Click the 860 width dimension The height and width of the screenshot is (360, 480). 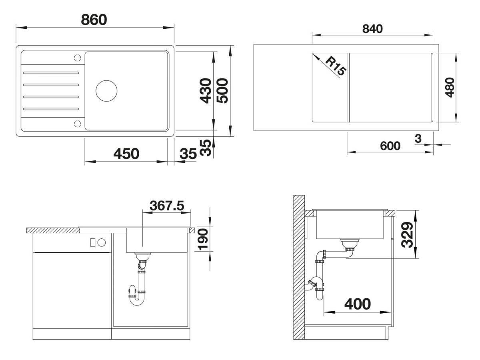[94, 20]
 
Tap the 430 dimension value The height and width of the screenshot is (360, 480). [206, 90]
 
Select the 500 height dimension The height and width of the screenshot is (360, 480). [222, 90]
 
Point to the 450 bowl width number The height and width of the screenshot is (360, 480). [126, 154]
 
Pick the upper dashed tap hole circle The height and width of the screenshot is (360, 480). [78, 58]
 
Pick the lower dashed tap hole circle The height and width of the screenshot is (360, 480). [78, 124]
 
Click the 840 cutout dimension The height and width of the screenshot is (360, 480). [372, 29]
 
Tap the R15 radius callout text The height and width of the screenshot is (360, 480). [336, 66]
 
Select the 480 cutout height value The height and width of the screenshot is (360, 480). [450, 88]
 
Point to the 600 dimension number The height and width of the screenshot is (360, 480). [390, 146]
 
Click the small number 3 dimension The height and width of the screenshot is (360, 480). [418, 138]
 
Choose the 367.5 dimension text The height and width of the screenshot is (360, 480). [167, 206]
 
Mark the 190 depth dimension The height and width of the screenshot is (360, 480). [203, 239]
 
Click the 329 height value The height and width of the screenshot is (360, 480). [407, 235]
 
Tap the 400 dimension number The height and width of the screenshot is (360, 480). [358, 304]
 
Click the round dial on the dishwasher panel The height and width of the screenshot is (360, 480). [102, 242]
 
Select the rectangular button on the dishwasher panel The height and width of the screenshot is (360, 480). [92, 242]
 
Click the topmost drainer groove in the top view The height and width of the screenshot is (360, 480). [51, 73]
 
